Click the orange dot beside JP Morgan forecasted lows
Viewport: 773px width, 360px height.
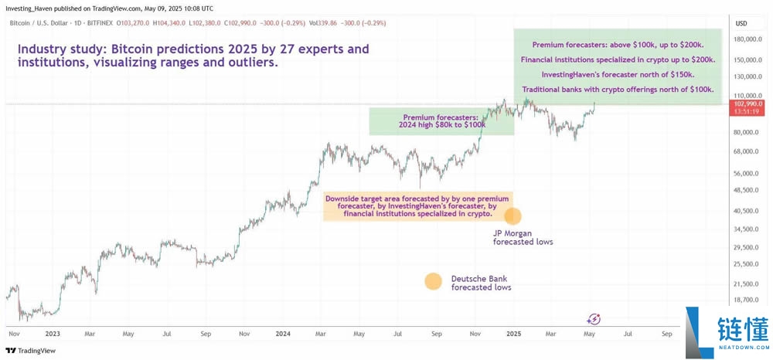(512, 217)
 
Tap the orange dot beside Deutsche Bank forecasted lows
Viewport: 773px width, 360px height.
(433, 281)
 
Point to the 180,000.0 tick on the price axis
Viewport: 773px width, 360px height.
(747, 39)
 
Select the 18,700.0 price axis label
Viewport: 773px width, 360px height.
(747, 300)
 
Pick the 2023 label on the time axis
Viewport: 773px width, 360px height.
(53, 335)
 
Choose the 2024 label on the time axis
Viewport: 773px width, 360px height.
(282, 335)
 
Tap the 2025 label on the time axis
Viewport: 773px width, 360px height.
(513, 335)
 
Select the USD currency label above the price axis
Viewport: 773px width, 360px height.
(741, 23)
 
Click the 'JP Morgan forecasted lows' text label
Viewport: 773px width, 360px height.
(523, 236)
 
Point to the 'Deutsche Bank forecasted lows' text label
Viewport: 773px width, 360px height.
(481, 283)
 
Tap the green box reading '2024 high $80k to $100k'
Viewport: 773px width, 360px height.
(442, 121)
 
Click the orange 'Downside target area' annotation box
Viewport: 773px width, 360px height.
(417, 205)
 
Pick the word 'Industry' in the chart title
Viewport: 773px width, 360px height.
(43, 50)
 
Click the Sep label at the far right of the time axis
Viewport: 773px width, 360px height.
(666, 335)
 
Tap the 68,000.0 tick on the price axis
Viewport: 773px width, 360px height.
(747, 151)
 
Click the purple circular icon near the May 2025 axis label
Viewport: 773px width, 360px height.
(594, 318)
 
